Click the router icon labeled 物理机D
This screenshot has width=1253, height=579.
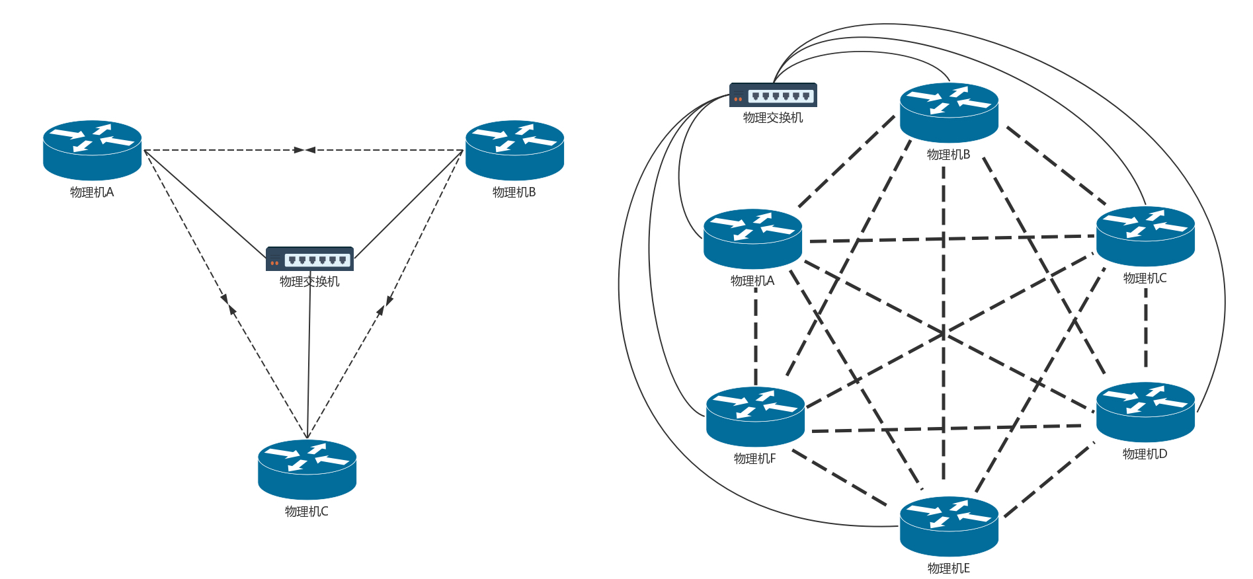coord(1145,412)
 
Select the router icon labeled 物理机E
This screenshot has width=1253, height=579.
coord(949,526)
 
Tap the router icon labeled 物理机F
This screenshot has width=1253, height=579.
coord(755,416)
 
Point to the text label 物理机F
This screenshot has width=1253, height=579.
coord(754,459)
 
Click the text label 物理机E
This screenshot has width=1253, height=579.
coord(948,568)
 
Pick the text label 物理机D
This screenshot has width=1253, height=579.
coord(1145,454)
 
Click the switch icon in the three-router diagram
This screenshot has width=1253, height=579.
coord(309,259)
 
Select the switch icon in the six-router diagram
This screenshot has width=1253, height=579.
coord(773,95)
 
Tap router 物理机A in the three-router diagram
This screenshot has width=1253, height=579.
coord(93,150)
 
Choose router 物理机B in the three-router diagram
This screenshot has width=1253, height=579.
coord(514,150)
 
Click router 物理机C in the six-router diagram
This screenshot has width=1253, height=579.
coord(1145,236)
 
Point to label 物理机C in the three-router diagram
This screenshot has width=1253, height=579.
coord(306,512)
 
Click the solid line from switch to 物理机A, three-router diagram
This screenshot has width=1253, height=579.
coord(205,204)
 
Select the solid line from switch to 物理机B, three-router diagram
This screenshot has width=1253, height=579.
coord(409,204)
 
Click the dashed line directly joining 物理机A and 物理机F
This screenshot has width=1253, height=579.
coord(756,337)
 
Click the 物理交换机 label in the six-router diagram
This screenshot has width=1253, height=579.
coord(773,118)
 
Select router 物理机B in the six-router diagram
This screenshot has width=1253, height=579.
coord(949,112)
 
